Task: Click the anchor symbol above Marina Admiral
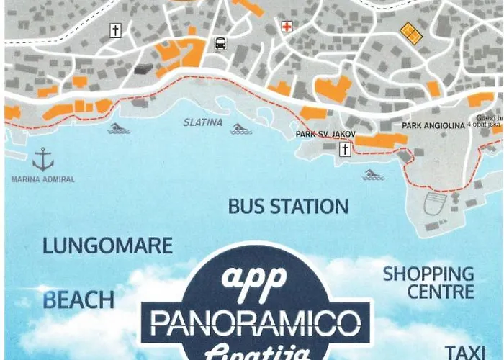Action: [x=43, y=158]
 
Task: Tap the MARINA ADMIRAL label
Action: [x=42, y=179]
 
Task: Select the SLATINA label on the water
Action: [x=202, y=122]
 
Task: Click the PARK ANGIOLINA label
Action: [x=431, y=125]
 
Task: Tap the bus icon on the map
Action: [x=220, y=43]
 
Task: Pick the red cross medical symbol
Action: [x=287, y=27]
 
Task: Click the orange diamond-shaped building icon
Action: [x=410, y=32]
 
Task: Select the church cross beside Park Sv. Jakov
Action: [x=345, y=149]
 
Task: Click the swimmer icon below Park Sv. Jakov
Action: [x=372, y=174]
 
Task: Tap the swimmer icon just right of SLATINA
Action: [x=241, y=129]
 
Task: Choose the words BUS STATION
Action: [x=288, y=207]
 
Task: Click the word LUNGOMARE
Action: [x=107, y=246]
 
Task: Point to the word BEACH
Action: [x=78, y=300]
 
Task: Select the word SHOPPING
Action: [x=428, y=274]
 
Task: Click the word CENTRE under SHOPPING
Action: [x=440, y=292]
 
